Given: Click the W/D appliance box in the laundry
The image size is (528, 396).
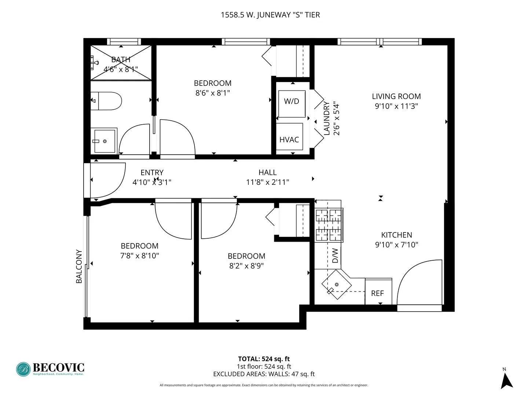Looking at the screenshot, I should click(291, 104).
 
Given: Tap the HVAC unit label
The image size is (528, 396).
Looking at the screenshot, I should click(289, 139).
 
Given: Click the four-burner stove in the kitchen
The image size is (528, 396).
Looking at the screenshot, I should click(329, 225).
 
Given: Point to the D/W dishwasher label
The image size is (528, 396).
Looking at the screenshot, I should click(335, 256).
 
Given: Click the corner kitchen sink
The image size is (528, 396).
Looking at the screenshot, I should click(336, 285).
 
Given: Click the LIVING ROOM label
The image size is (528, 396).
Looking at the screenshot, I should click(396, 96).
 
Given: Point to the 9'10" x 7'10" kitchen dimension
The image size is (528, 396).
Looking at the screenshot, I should click(396, 245).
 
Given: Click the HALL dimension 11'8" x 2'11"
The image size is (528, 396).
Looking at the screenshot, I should click(267, 182).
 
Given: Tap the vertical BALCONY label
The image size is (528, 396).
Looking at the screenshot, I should click(79, 266).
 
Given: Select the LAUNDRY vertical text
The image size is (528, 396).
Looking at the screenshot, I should click(327, 118).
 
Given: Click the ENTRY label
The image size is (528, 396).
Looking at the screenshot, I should click(152, 172).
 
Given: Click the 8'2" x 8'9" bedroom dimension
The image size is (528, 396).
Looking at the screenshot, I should click(246, 266).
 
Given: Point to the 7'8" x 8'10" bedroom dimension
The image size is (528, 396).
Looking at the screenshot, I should click(139, 256).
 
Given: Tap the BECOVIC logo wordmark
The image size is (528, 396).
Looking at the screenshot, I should click(58, 367).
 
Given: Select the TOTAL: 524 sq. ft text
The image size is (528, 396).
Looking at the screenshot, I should click(264, 359).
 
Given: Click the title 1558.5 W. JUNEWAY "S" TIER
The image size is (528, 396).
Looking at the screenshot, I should click(270, 15).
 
